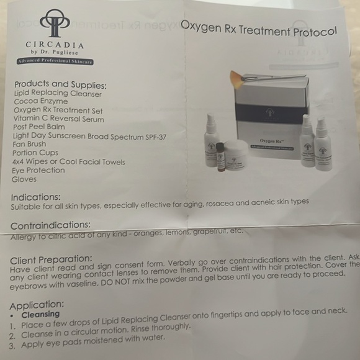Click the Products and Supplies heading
[x=60, y=84]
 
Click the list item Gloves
[x=24, y=179]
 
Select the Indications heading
[x=36, y=197]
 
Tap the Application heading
[x=38, y=304]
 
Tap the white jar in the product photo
[x=238, y=155]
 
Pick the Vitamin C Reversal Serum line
[x=58, y=118]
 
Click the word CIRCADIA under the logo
[x=55, y=45]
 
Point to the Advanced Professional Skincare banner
[x=55, y=61]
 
